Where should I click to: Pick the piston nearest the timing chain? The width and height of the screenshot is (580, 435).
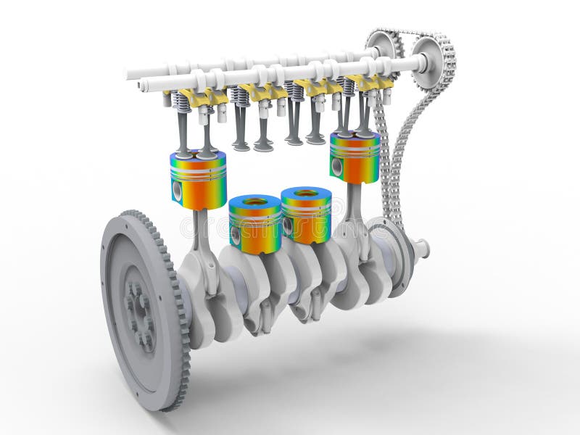pos(355,158)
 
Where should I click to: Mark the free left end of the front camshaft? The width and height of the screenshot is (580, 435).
pos(144,86)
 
